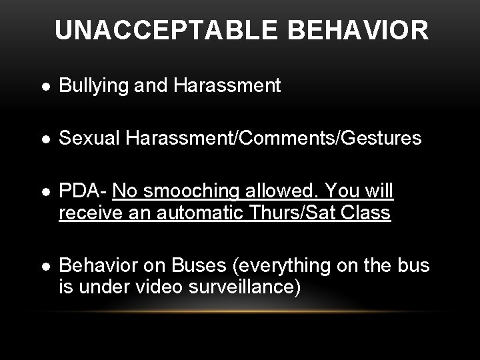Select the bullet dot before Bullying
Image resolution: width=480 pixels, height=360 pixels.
[44, 86]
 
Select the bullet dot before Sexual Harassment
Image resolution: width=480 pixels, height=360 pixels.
[44, 139]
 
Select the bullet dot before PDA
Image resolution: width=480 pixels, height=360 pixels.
[44, 193]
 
